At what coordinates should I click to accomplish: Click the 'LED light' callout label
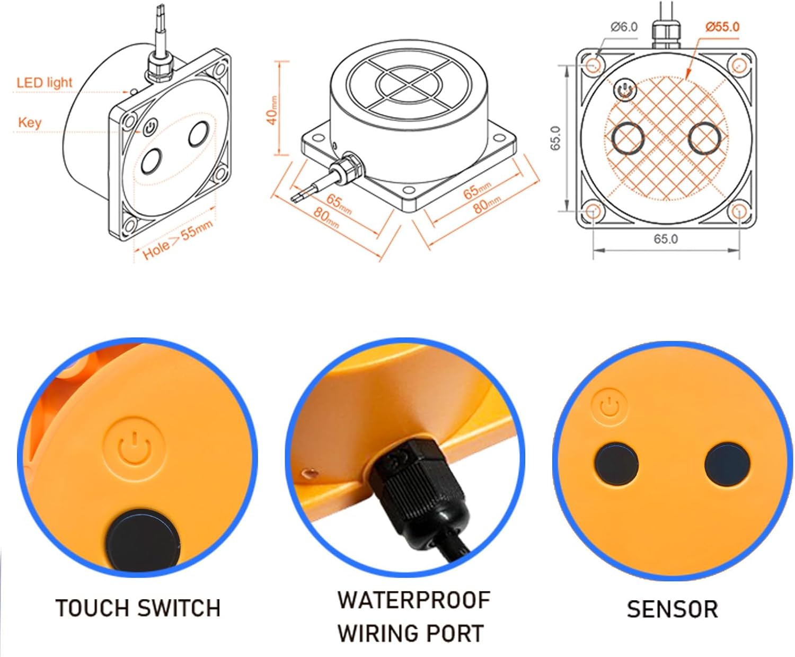[x=44, y=83]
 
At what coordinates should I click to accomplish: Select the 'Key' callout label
[x=30, y=122]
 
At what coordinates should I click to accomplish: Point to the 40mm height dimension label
[x=272, y=110]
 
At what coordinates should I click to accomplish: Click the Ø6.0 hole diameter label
[x=624, y=27]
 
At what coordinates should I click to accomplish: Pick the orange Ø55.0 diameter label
[x=722, y=27]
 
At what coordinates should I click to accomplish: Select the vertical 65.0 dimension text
[x=555, y=138]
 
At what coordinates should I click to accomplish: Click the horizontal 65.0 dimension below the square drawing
[x=666, y=239]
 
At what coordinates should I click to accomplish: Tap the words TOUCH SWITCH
[x=138, y=608]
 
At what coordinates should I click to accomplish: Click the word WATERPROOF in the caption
[x=414, y=600]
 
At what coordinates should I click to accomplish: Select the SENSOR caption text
[x=673, y=609]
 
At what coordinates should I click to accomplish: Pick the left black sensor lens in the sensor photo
[x=616, y=464]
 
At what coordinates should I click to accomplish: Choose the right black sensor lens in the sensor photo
[x=727, y=464]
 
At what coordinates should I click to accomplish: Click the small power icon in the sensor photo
[x=609, y=406]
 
